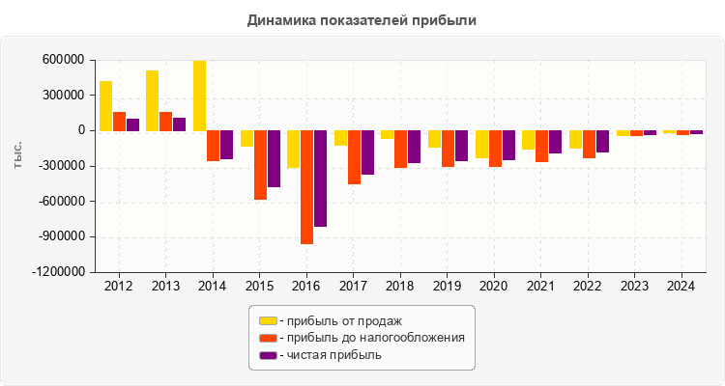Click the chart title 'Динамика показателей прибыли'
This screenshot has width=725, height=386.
coord(362,19)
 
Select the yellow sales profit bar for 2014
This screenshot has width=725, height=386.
coord(199,96)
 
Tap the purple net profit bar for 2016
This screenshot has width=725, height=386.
coord(320,179)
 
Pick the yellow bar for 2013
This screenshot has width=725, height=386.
coord(152,100)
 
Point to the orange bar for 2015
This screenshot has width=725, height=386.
coord(260,165)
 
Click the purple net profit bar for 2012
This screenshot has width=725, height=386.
coord(133,124)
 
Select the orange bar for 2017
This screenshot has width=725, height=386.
coord(354,157)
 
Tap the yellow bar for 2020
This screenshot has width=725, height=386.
coord(481,144)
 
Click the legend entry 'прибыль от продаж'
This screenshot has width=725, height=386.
coord(340,320)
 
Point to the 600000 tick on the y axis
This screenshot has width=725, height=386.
coord(65,60)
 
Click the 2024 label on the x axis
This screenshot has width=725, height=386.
coord(681,287)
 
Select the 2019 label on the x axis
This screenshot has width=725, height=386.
coord(447,287)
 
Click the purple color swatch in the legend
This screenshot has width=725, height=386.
coord(268,355)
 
